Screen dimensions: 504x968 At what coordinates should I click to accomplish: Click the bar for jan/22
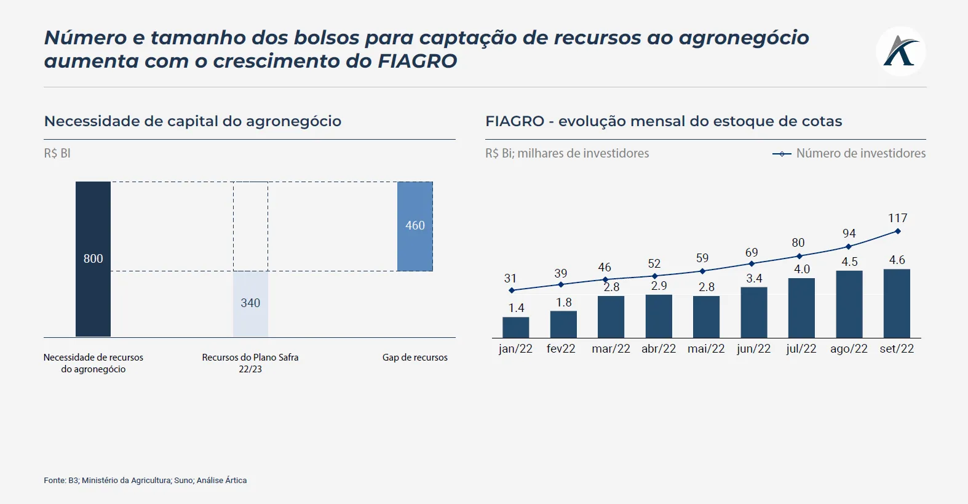point(515,327)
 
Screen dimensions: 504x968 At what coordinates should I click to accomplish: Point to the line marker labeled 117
point(898,231)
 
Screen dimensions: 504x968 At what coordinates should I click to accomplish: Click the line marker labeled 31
point(512,290)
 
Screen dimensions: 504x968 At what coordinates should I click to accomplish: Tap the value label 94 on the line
point(849,234)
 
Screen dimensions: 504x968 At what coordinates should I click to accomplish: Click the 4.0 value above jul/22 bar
point(802,270)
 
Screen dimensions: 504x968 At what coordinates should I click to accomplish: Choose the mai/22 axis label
point(706,349)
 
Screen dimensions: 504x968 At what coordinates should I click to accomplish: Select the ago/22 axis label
point(849,349)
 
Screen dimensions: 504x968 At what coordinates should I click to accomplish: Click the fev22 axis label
point(561,349)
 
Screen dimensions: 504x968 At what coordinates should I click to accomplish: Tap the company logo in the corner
point(901,51)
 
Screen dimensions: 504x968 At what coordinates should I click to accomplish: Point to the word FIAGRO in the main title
point(417,61)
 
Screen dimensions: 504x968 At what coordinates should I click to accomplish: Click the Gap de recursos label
point(415,358)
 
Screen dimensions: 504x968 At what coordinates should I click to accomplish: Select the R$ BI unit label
point(57,153)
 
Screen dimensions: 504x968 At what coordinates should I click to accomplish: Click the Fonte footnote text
point(145,481)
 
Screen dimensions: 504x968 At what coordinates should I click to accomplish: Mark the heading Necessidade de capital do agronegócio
point(192,121)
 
